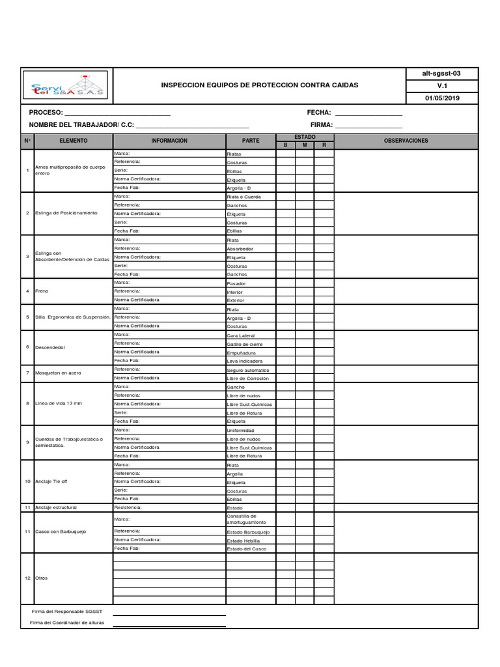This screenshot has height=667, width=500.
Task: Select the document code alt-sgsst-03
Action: point(442,74)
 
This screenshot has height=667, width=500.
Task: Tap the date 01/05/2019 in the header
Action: point(442,98)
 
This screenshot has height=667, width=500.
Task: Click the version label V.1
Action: point(442,86)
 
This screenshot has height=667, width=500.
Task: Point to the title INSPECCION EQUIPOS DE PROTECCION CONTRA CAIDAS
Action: point(259,85)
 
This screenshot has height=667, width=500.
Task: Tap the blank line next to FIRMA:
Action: point(368,125)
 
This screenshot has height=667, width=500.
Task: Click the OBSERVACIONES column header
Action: point(406,141)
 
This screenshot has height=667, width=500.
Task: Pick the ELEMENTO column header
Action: point(73,141)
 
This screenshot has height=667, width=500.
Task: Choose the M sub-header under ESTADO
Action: point(304,145)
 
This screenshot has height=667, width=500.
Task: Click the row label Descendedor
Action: point(51,347)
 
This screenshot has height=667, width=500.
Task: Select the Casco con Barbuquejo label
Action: point(61,532)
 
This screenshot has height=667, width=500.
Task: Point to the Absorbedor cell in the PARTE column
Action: point(240,249)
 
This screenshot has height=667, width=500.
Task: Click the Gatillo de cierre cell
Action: point(244,343)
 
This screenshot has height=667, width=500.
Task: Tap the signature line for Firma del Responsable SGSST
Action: point(169,614)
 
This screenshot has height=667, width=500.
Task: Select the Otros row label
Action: point(42,578)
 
